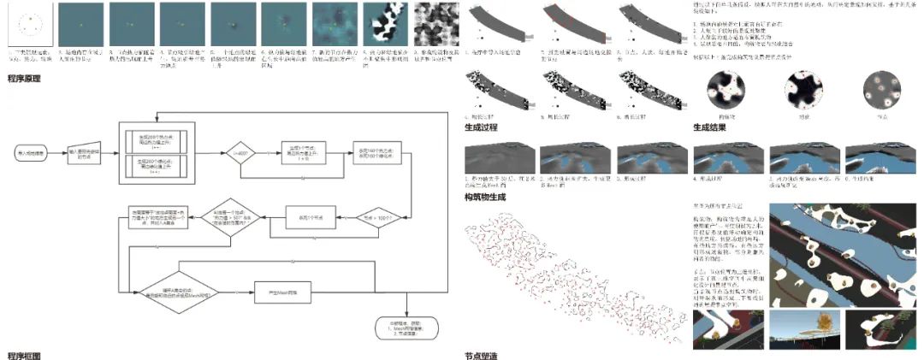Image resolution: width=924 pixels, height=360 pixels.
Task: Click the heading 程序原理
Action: pos(26,78)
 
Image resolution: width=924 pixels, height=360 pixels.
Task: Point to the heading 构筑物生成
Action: pos(485,197)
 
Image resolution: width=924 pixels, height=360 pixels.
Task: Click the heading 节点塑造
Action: pos(481,354)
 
